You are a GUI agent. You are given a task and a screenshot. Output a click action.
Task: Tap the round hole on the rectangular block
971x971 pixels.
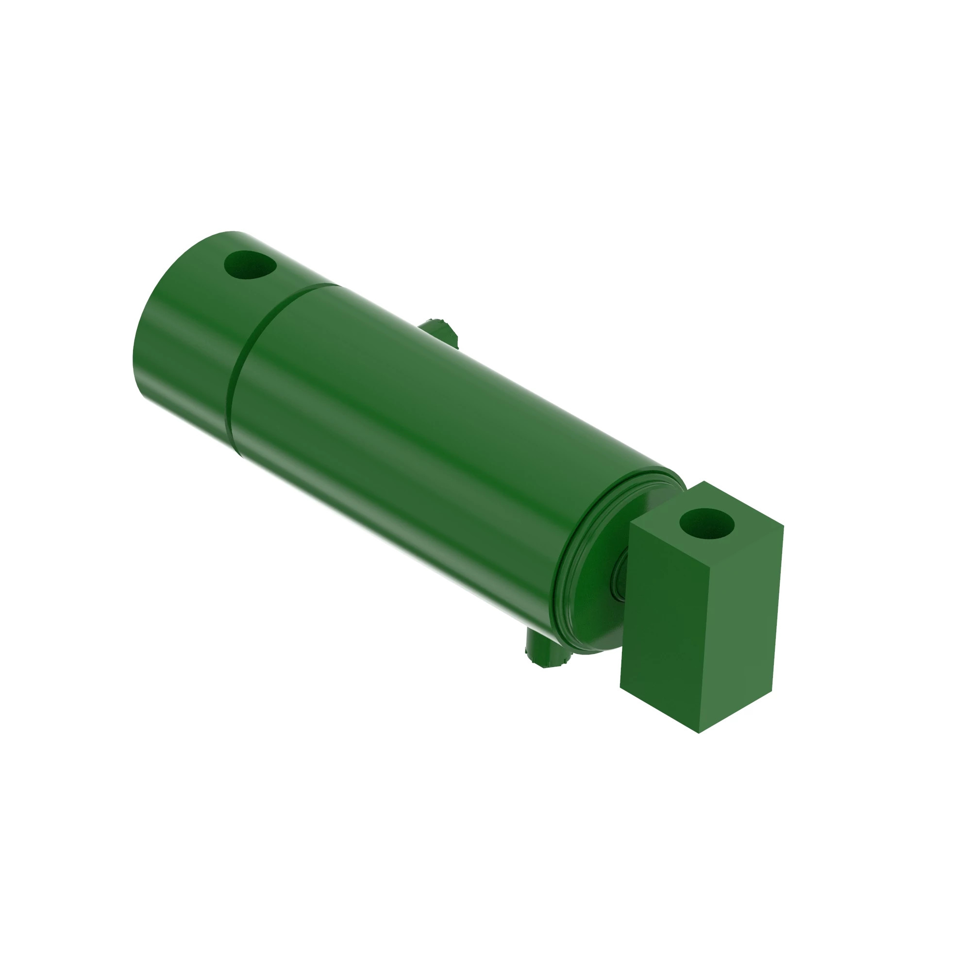[706, 523]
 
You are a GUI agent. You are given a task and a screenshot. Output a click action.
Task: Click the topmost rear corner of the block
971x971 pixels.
[703, 482]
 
